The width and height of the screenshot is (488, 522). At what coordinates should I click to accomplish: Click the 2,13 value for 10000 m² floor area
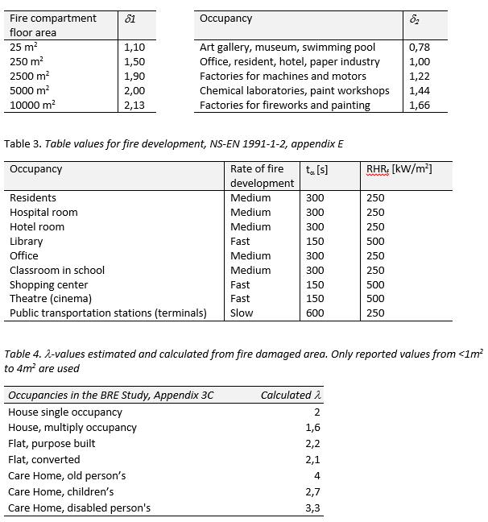[134, 105]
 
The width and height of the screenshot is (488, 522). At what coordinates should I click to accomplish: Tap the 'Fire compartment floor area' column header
[52, 25]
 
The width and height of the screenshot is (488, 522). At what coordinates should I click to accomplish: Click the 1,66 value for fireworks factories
[420, 105]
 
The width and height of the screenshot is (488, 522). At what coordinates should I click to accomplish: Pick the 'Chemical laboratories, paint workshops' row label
[294, 90]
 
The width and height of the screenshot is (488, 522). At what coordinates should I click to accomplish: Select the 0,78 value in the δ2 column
[420, 48]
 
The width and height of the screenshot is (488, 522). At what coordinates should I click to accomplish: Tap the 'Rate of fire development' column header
[262, 176]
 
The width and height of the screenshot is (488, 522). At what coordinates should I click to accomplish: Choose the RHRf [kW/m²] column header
[399, 168]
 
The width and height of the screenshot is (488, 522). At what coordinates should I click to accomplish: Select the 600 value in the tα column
[315, 313]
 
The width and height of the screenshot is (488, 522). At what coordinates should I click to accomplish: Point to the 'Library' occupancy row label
[27, 241]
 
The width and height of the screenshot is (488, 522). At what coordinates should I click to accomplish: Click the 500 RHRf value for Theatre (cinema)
[375, 299]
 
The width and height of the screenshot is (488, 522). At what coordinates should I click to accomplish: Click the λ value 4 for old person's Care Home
[316, 475]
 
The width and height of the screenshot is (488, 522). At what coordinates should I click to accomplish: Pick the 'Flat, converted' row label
[44, 459]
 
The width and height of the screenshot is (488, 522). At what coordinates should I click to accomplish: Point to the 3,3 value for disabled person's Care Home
[313, 507]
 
